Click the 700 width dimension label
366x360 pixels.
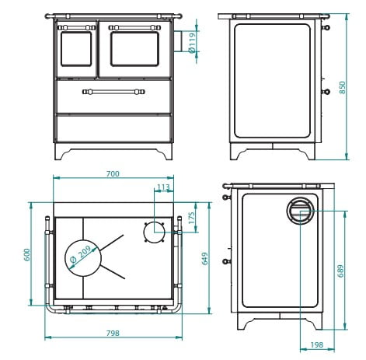pyautogui.click(x=113, y=173)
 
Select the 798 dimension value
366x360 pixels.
pyautogui.click(x=113, y=333)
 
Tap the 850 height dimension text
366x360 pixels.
pyautogui.click(x=342, y=88)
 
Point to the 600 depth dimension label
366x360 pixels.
pyautogui.click(x=27, y=254)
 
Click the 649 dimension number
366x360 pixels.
pyautogui.click(x=205, y=258)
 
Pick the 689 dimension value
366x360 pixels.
pyautogui.click(x=341, y=271)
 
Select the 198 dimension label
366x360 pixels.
pyautogui.click(x=317, y=344)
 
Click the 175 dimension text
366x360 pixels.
pyautogui.click(x=191, y=218)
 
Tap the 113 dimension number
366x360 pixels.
pyautogui.click(x=163, y=187)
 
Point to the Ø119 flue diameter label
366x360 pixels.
pyautogui.click(x=192, y=43)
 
